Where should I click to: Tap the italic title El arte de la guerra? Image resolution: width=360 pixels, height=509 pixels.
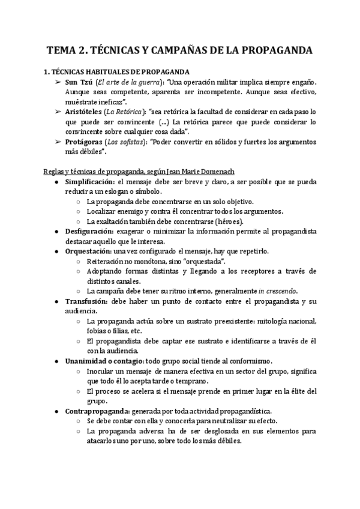(x=126, y=81)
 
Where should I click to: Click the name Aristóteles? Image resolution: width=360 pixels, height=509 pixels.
(x=90, y=112)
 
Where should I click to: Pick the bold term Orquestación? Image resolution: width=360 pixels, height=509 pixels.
(x=88, y=251)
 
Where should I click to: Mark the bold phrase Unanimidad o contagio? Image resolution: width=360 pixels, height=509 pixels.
(x=105, y=361)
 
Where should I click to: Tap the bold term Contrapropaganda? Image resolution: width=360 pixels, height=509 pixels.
(x=97, y=411)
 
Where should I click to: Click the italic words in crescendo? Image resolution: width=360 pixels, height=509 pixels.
(x=280, y=291)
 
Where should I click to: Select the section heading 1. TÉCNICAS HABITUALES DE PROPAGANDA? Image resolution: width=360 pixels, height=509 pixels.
(x=117, y=71)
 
